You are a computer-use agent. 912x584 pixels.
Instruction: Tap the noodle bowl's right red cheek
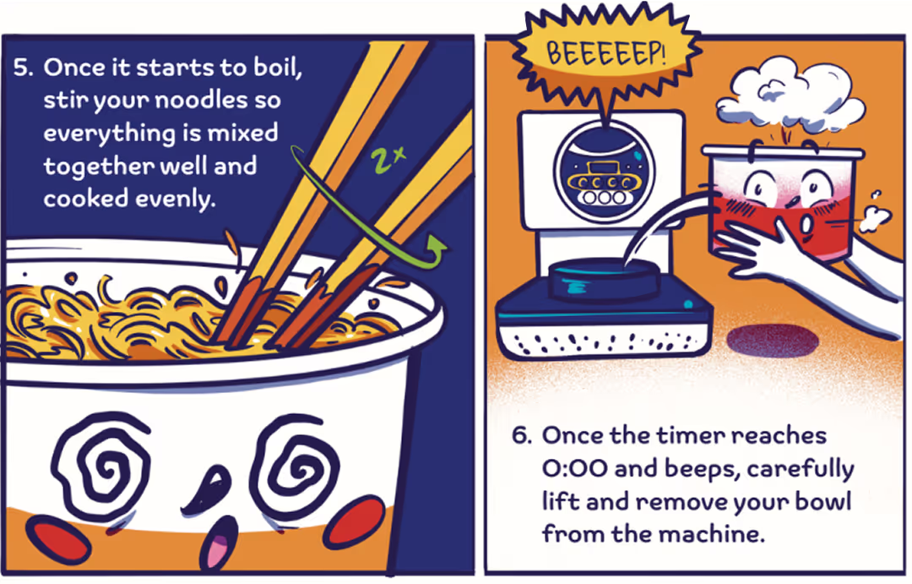point(355,519)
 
